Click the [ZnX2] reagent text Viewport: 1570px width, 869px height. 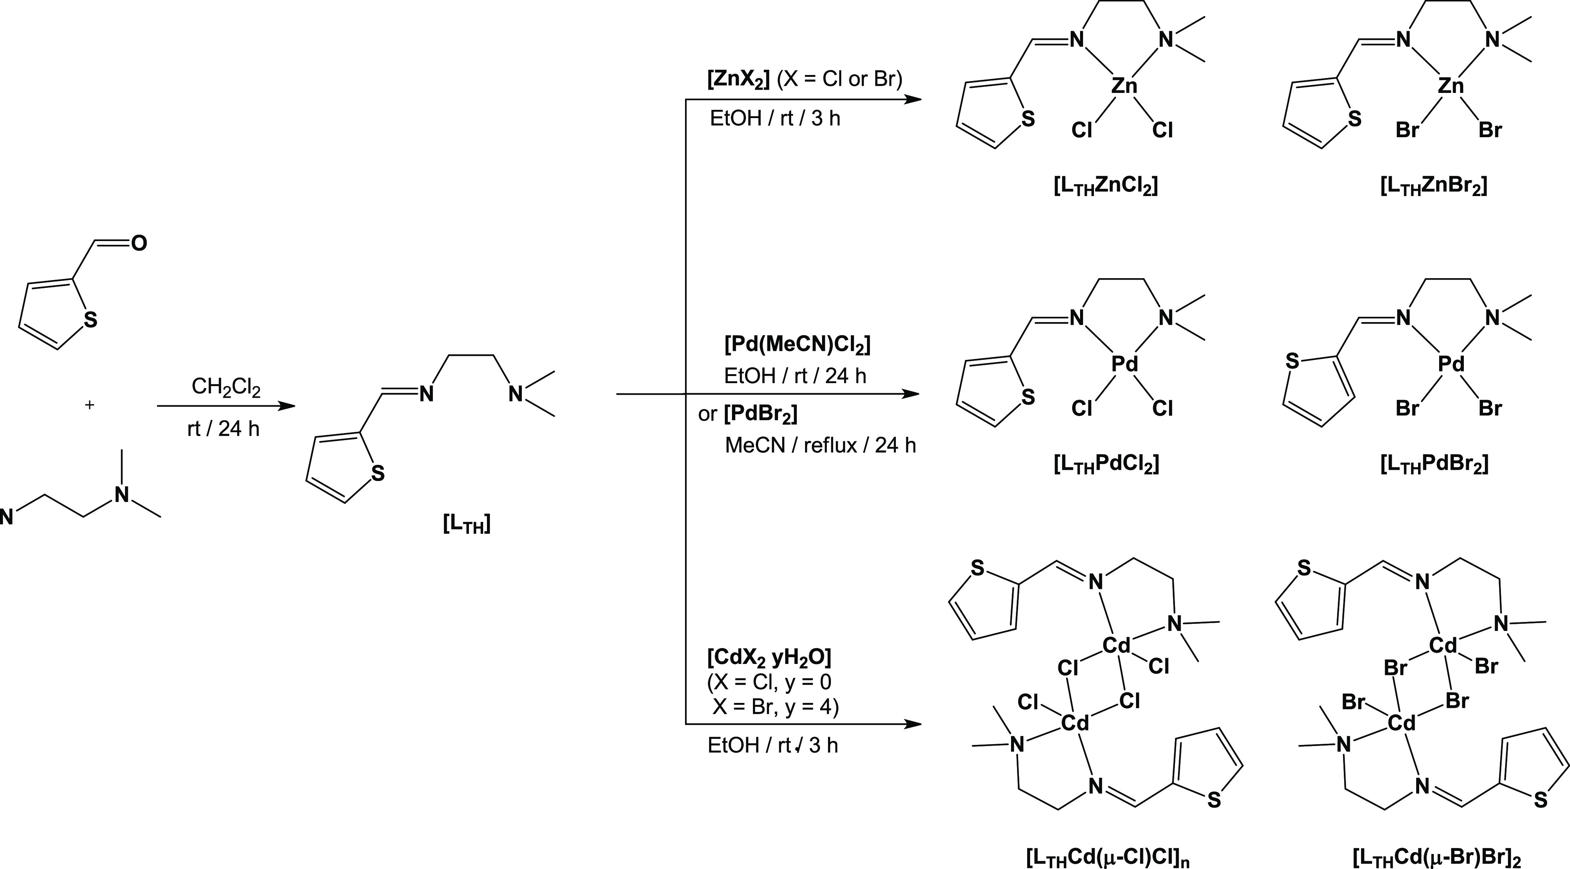pos(739,80)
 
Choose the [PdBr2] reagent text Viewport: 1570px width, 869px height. pos(761,415)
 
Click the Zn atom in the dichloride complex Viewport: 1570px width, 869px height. pos(1124,86)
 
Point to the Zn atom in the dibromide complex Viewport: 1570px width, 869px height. pos(1451,86)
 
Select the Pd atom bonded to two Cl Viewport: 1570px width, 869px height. pos(1124,364)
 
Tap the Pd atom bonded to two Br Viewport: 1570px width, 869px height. pos(1451,364)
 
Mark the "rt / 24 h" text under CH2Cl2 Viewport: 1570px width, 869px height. pos(223,429)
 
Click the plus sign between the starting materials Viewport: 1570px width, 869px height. pos(90,405)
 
